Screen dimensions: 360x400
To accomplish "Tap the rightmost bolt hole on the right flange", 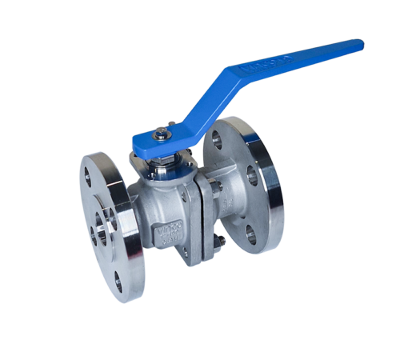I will [255, 177].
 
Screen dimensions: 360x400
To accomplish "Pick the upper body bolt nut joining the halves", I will [214, 186].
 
